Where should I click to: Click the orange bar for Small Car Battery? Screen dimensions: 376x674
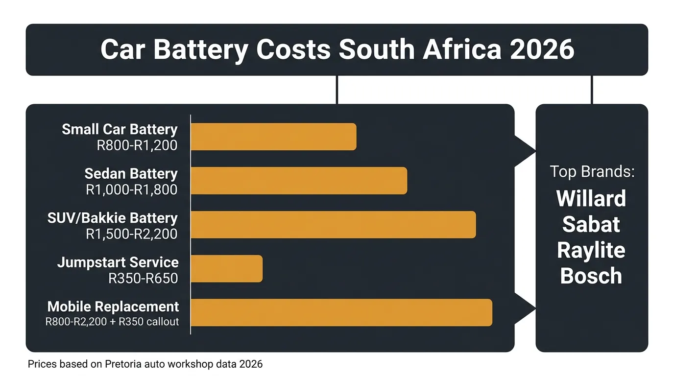[x=273, y=137]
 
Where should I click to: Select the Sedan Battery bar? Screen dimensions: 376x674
[x=299, y=181]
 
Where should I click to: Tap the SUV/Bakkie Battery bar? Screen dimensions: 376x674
[x=333, y=225]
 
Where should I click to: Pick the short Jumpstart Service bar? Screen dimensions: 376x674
[x=226, y=269]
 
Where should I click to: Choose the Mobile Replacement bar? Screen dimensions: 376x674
[x=341, y=312]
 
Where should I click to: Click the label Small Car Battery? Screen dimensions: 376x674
[x=120, y=130]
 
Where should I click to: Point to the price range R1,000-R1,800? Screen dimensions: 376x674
[x=131, y=190]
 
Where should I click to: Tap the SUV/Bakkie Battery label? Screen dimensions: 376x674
[x=113, y=218]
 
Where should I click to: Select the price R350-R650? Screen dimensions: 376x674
[x=143, y=278]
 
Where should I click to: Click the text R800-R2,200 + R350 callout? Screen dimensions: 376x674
[x=112, y=322]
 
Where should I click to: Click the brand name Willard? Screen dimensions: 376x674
[x=591, y=199]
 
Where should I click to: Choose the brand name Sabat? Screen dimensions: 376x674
[x=591, y=224]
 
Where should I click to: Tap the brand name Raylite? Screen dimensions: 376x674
[x=591, y=250]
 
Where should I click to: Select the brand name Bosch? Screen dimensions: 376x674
[x=591, y=276]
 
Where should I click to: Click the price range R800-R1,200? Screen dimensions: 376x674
[x=137, y=145]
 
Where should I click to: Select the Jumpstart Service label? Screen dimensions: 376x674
[x=118, y=262]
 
